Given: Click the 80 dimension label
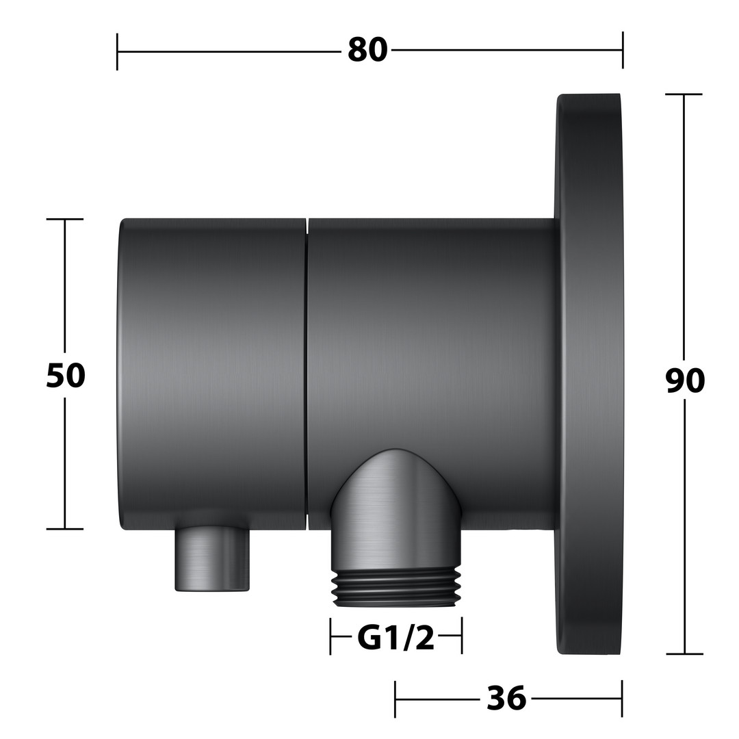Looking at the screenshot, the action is tap(367, 50).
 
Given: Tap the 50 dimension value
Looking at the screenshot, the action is tap(66, 376).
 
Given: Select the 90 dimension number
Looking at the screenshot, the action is tap(685, 381).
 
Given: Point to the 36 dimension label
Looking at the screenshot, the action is tap(506, 698).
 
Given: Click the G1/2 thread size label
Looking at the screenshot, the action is tap(396, 638).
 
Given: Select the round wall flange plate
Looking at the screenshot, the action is tap(589, 374).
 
